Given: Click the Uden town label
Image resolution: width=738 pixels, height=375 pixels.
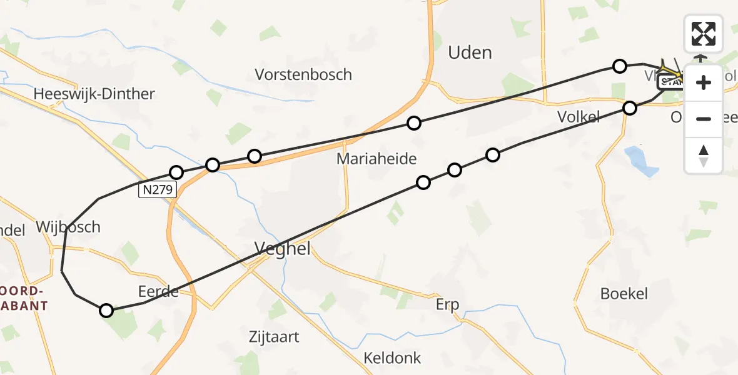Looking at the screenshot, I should click(470, 52).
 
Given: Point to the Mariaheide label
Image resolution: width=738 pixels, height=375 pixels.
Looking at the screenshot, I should click(377, 159).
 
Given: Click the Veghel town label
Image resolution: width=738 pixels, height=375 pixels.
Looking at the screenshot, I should click(283, 249).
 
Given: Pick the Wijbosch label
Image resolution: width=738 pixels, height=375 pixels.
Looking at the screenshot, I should click(68, 227).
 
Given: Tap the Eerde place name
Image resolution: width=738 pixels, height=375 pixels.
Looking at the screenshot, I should click(159, 291).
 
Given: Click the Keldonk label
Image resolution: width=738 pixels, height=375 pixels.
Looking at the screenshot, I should click(393, 359).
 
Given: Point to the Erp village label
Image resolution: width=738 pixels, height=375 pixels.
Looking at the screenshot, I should click(447, 305).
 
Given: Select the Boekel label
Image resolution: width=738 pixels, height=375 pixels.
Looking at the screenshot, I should click(624, 294).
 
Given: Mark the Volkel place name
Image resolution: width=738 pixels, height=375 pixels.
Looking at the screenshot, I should click(579, 116).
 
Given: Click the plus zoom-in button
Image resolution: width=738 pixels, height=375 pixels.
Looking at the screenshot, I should click(704, 82).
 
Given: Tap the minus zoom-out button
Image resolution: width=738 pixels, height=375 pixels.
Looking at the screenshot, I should click(704, 119).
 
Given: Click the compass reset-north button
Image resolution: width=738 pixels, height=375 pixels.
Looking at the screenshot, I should click(704, 155).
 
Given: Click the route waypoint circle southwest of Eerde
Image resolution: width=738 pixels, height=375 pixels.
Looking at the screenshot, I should click(106, 311).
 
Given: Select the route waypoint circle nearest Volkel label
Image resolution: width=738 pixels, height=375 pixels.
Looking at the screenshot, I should click(630, 108).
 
